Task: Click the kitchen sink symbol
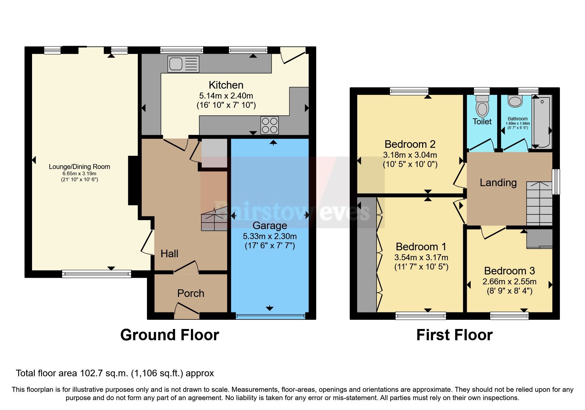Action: click(x=183, y=64)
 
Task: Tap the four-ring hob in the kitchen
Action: click(x=270, y=125)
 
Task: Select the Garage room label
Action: click(x=270, y=225)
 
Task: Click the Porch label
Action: click(x=191, y=293)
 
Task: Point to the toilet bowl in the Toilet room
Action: click(x=482, y=106)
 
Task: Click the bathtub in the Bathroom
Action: click(x=542, y=122)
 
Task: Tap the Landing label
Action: click(x=498, y=183)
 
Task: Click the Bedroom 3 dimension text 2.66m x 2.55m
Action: click(x=509, y=282)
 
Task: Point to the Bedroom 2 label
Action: click(x=410, y=144)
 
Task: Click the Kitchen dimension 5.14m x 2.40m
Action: click(x=226, y=96)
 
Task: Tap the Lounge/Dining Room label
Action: click(x=79, y=167)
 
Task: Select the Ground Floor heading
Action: click(x=169, y=335)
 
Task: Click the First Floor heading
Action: click(x=454, y=335)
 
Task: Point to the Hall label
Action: click(x=169, y=254)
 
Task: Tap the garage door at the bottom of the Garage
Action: click(x=270, y=316)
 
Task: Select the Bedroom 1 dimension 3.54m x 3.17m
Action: click(x=421, y=257)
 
